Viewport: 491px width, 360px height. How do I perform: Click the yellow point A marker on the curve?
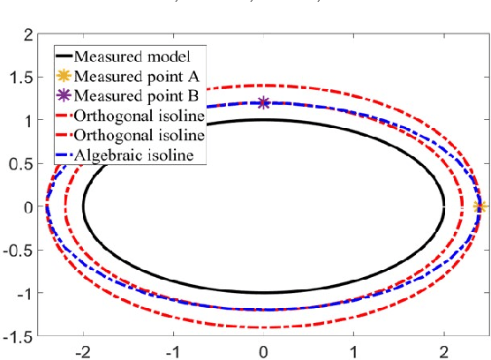[480, 206]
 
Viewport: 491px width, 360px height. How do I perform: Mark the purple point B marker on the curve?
[263, 103]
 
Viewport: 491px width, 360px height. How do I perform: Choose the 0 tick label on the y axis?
[27, 207]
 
